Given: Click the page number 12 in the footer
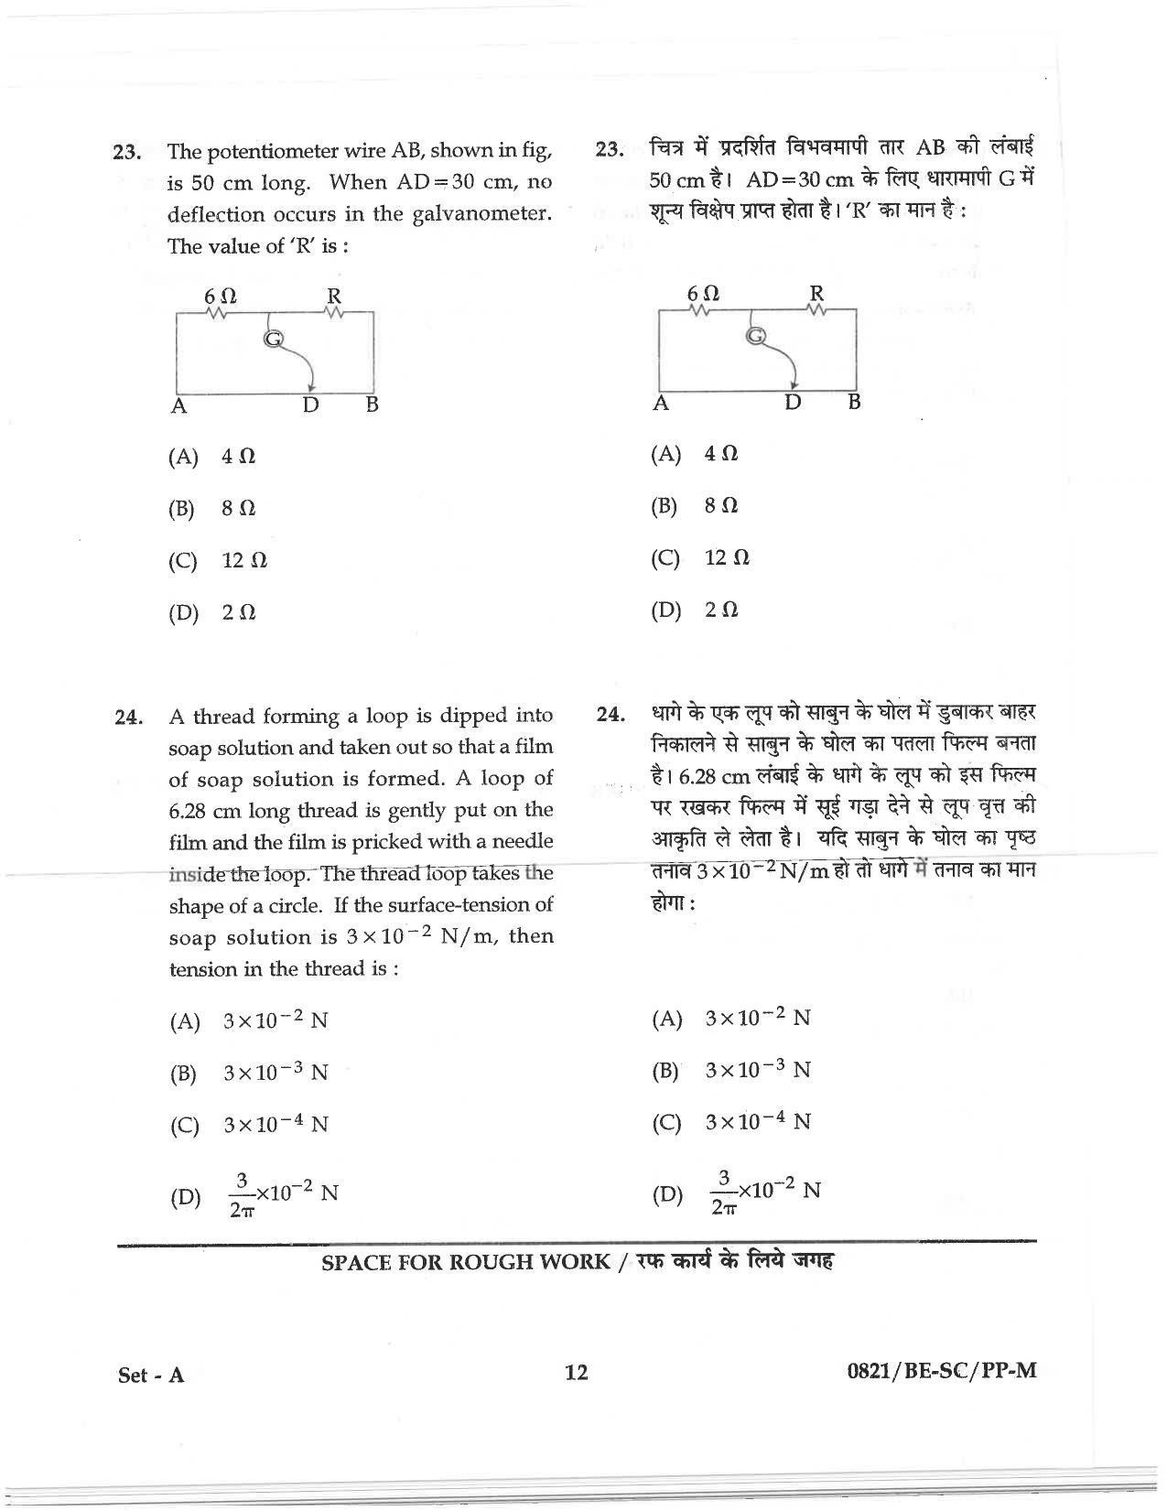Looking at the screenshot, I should pyautogui.click(x=576, y=1372).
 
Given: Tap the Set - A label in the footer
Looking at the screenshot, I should pyautogui.click(x=153, y=1375).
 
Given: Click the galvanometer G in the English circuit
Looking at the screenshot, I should pyautogui.click(x=273, y=340).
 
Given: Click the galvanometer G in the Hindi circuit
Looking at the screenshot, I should pyautogui.click(x=756, y=336).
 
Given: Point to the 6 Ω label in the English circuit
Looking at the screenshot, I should pyautogui.click(x=220, y=297).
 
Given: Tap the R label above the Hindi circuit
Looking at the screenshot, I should pyautogui.click(x=816, y=293).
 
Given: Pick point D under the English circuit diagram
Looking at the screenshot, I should pyautogui.click(x=311, y=405).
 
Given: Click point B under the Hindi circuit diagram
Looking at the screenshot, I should pyautogui.click(x=854, y=401).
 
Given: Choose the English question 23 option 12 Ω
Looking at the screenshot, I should pyautogui.click(x=244, y=560).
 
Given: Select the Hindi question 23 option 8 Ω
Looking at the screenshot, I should pyautogui.click(x=721, y=505).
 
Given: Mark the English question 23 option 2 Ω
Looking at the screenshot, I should pyautogui.click(x=239, y=612).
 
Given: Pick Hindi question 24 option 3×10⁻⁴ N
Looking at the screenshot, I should pyautogui.click(x=758, y=1122).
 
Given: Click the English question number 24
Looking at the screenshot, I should pyautogui.click(x=128, y=718).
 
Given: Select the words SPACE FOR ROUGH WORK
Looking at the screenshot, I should pyautogui.click(x=466, y=1262).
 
